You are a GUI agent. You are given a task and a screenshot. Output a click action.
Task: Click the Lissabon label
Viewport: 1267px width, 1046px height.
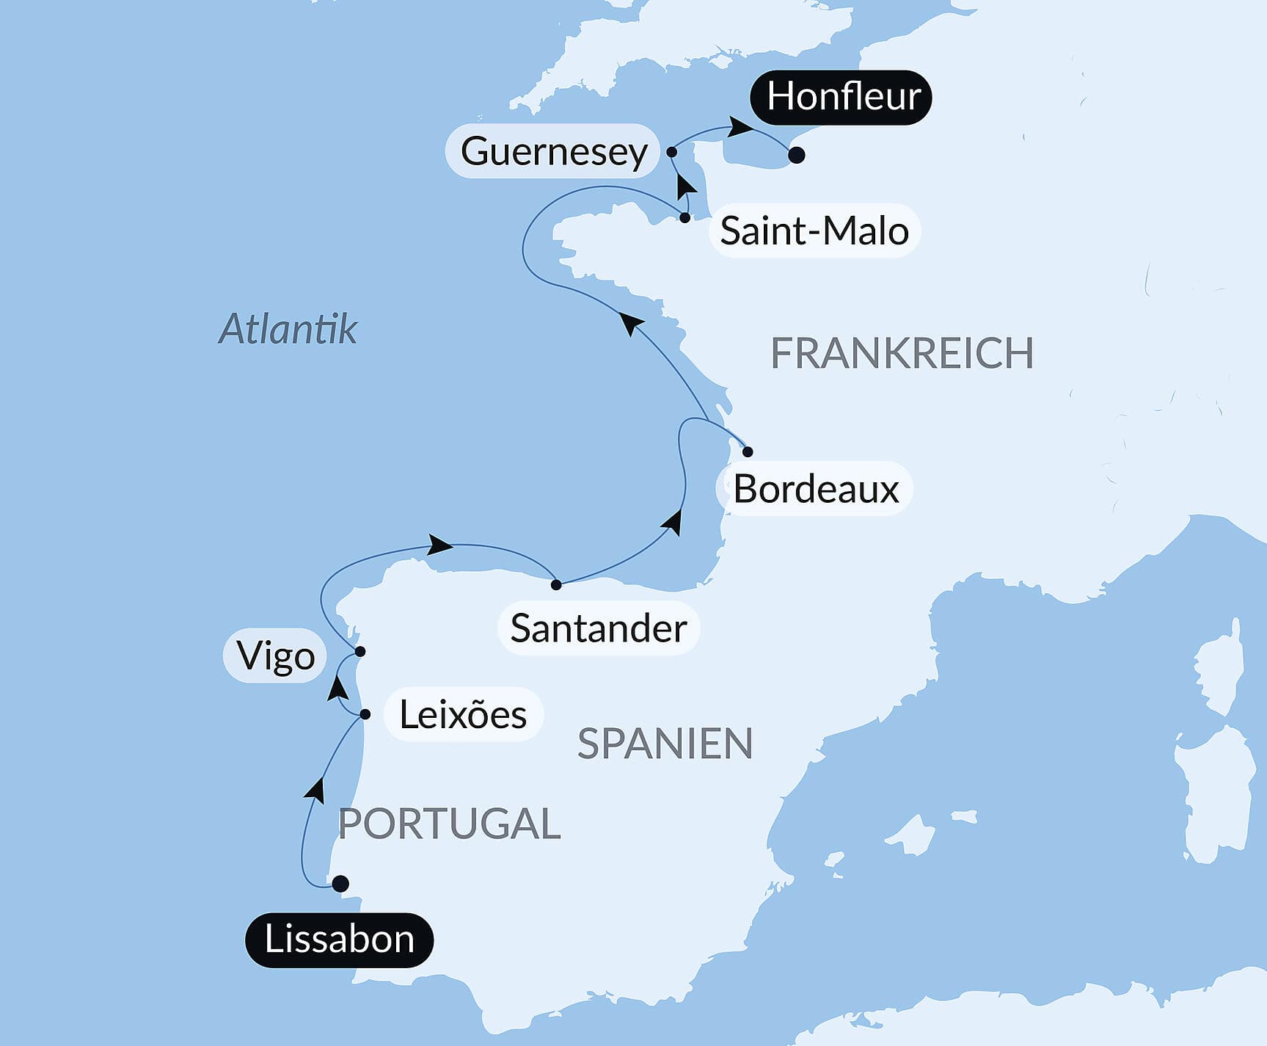click(339, 940)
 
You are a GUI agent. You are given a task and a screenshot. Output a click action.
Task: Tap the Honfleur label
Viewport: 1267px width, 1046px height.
click(842, 97)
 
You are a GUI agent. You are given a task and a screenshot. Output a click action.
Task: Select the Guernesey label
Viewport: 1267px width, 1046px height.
click(553, 151)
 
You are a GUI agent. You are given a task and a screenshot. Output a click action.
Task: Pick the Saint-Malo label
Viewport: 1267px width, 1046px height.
click(814, 230)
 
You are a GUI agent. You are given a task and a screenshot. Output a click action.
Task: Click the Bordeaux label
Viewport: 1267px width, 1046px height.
click(816, 489)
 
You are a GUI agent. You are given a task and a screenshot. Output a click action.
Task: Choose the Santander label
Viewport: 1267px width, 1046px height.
click(598, 628)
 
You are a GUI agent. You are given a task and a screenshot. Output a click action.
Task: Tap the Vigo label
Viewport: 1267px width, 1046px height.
click(276, 655)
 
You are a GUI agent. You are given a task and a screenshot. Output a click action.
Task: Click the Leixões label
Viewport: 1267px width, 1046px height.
click(462, 714)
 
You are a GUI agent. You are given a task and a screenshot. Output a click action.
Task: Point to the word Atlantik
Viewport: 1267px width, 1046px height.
click(288, 328)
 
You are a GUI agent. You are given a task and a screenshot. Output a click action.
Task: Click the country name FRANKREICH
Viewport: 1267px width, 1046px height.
click(902, 353)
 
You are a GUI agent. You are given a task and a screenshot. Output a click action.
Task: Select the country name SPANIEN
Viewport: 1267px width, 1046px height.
click(665, 744)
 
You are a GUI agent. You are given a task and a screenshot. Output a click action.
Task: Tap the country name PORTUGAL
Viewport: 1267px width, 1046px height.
click(449, 823)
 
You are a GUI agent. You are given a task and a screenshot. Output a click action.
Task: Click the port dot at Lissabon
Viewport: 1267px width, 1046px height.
click(340, 884)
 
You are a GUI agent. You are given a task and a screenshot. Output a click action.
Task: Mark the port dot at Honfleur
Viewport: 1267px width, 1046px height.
click(797, 156)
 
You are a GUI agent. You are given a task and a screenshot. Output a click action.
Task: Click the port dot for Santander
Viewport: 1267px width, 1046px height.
click(556, 585)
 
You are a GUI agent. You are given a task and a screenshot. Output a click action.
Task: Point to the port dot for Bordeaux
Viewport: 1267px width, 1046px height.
click(748, 451)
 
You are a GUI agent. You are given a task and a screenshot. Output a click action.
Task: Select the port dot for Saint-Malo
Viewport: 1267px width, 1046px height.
click(684, 218)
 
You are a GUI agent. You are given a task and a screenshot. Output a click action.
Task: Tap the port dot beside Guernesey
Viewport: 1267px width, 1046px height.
click(671, 153)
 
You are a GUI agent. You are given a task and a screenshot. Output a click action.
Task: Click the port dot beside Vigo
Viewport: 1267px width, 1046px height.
click(360, 652)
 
